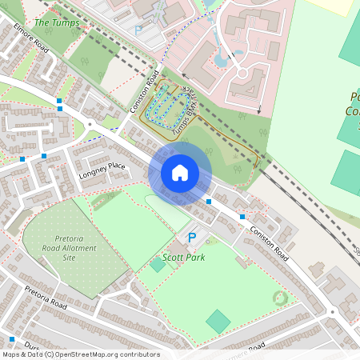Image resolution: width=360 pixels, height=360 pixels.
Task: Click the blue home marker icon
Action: [x=180, y=172]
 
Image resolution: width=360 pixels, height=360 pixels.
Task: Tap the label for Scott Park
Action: [x=183, y=258]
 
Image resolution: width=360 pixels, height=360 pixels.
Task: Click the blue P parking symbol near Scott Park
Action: [x=191, y=238]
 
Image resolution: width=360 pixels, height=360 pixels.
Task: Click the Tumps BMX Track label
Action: [x=189, y=102]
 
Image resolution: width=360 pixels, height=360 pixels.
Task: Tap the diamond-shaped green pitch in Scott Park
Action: [x=218, y=322]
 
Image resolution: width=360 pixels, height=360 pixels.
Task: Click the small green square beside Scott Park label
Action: [x=158, y=264]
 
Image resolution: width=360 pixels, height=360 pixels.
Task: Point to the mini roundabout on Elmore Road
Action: [x=91, y=124]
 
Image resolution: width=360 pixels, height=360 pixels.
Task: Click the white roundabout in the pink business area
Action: [x=240, y=74]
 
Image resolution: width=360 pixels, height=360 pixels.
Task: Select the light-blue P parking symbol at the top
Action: [x=138, y=30]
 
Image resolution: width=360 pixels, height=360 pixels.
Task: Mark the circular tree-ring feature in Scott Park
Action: [x=279, y=298]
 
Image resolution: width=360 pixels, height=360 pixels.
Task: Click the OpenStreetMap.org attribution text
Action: [x=80, y=354]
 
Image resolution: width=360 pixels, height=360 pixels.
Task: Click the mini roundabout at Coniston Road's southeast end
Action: [x=332, y=311]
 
